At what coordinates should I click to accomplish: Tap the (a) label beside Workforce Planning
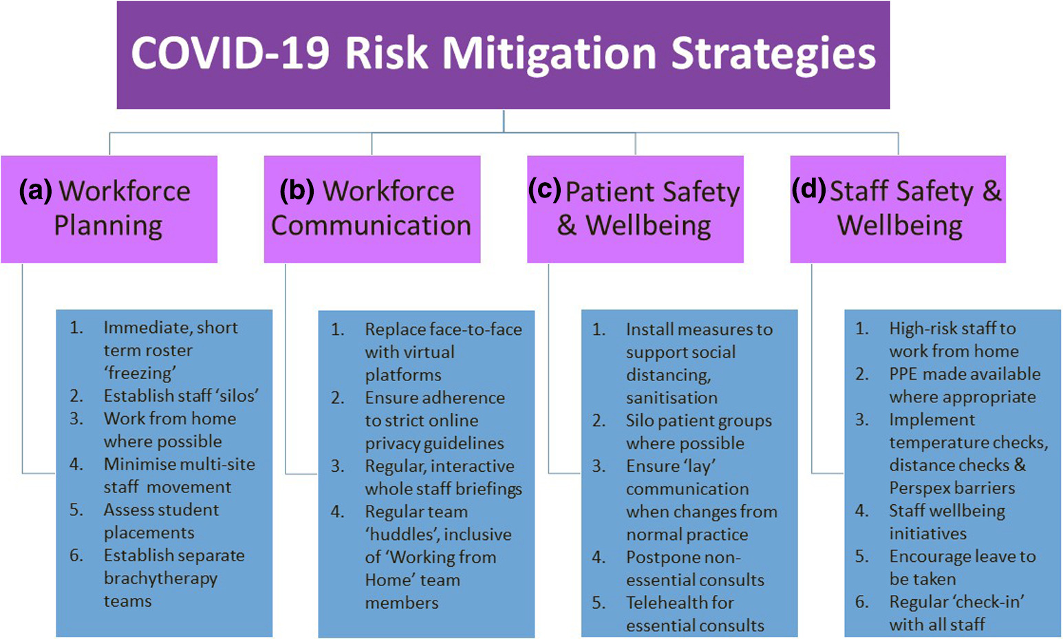[x=35, y=191]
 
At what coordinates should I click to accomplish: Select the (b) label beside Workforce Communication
[x=297, y=191]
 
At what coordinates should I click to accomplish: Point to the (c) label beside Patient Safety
[x=544, y=190]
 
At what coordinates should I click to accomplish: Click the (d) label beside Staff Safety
[x=808, y=190]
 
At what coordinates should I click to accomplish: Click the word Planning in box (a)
[x=108, y=226]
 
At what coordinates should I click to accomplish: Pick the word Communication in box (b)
[x=371, y=226]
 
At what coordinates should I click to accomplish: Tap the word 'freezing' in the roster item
[x=140, y=373]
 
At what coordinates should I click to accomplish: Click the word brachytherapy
[x=160, y=578]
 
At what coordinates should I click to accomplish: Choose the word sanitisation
[x=672, y=398]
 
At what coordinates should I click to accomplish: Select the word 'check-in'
[x=990, y=602]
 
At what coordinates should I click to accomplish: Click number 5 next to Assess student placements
[x=76, y=510]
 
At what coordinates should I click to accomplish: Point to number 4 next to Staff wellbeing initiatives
[x=862, y=511]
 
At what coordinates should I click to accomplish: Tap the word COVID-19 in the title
[x=230, y=54]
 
